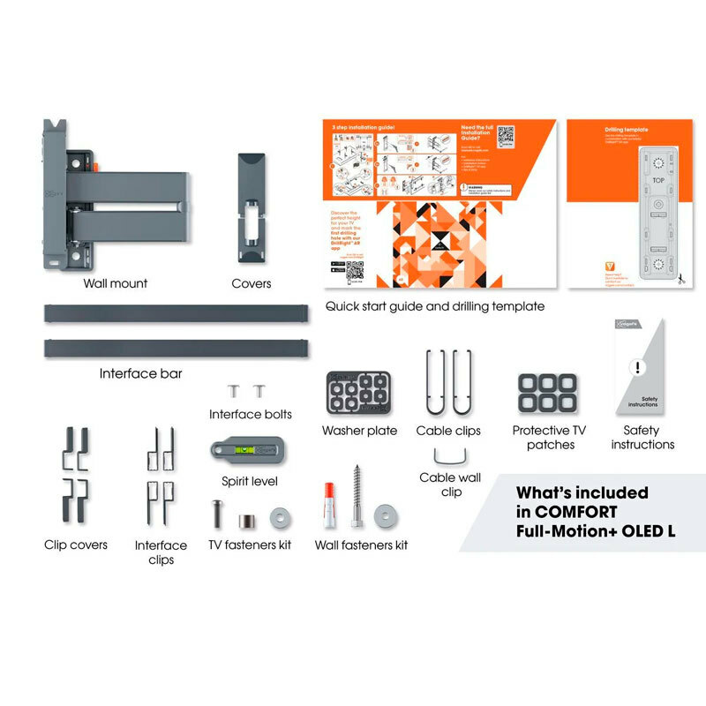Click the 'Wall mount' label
[x=116, y=283]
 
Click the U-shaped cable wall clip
[x=451, y=458]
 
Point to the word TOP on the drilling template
[x=658, y=179]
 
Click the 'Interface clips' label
[x=161, y=552]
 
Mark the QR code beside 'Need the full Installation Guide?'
[x=506, y=137]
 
